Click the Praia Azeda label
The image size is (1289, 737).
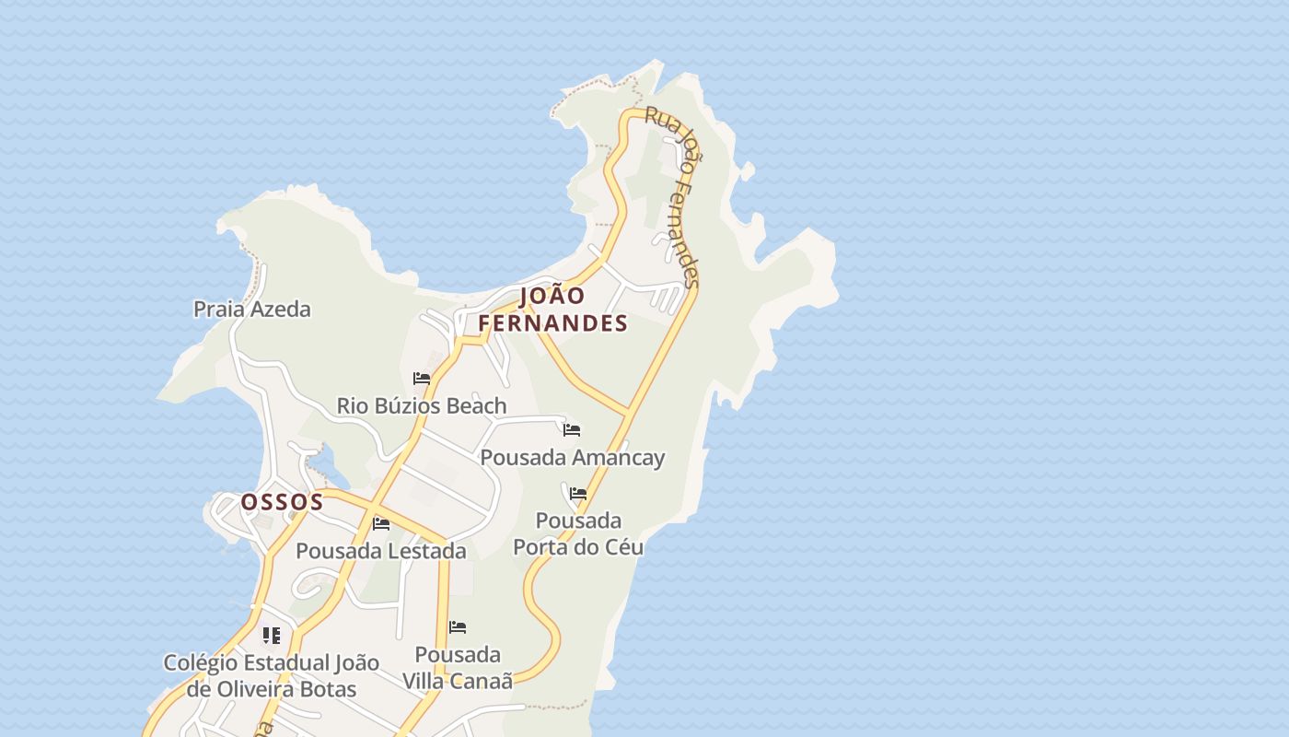(x=251, y=310)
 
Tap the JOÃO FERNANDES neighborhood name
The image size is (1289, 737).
(x=552, y=310)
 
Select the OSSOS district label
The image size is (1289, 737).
(x=282, y=502)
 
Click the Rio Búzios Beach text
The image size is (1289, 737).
(x=422, y=406)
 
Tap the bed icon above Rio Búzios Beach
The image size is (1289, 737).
(x=422, y=379)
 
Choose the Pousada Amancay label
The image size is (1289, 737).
(x=572, y=458)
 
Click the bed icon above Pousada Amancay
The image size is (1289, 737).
(x=572, y=430)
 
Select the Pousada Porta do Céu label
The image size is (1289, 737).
(x=578, y=534)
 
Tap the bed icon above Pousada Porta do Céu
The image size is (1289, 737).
(x=578, y=494)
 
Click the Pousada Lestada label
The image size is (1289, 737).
(x=380, y=551)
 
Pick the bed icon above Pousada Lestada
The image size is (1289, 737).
(x=381, y=524)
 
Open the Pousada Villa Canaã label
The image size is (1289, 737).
(x=458, y=668)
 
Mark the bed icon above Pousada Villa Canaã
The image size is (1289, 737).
(x=458, y=627)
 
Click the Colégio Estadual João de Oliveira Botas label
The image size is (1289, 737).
(x=271, y=676)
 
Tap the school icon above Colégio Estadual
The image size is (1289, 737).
(x=271, y=636)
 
